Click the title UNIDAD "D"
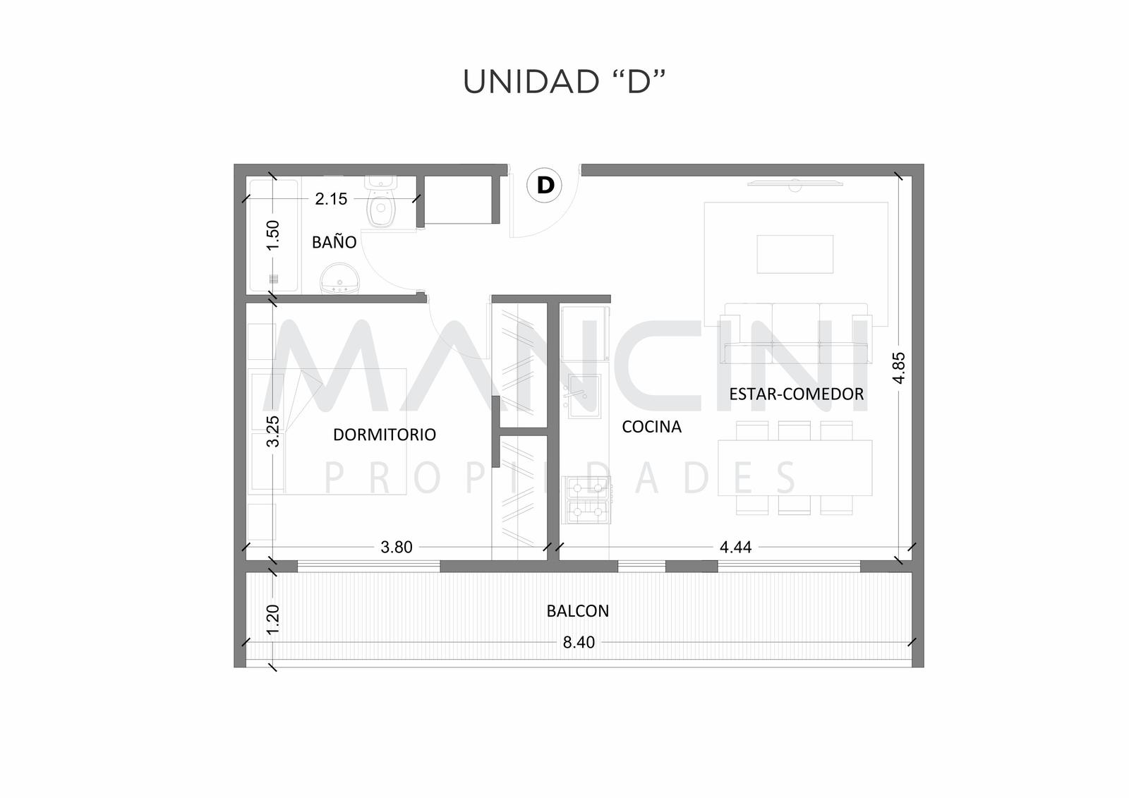(564, 82)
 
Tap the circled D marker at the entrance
(544, 185)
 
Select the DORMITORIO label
(385, 435)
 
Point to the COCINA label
(652, 427)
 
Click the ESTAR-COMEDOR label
(797, 394)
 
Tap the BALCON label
(578, 611)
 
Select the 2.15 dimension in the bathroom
(331, 199)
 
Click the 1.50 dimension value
(272, 235)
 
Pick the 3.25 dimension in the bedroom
(272, 431)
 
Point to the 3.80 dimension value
(397, 547)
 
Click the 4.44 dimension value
(736, 547)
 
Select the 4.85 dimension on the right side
(899, 368)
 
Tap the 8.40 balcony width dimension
(579, 642)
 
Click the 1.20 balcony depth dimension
(272, 619)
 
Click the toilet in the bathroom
(382, 201)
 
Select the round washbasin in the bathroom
(340, 278)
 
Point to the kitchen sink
(585, 397)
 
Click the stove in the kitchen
(586, 500)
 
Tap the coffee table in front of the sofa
(795, 254)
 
